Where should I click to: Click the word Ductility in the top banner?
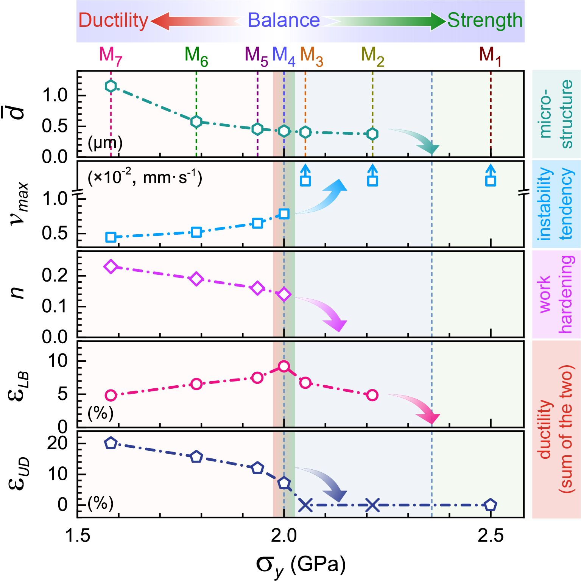click(x=113, y=20)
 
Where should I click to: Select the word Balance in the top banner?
click(x=284, y=20)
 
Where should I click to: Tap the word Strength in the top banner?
click(x=485, y=20)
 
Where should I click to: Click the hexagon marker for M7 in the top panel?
click(x=111, y=86)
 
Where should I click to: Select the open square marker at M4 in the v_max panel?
click(x=284, y=214)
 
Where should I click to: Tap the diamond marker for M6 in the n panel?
click(x=196, y=279)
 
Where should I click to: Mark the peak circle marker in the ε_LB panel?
click(x=284, y=366)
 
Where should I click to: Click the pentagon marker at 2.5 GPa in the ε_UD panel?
click(x=491, y=505)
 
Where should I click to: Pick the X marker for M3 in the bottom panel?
click(x=305, y=505)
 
